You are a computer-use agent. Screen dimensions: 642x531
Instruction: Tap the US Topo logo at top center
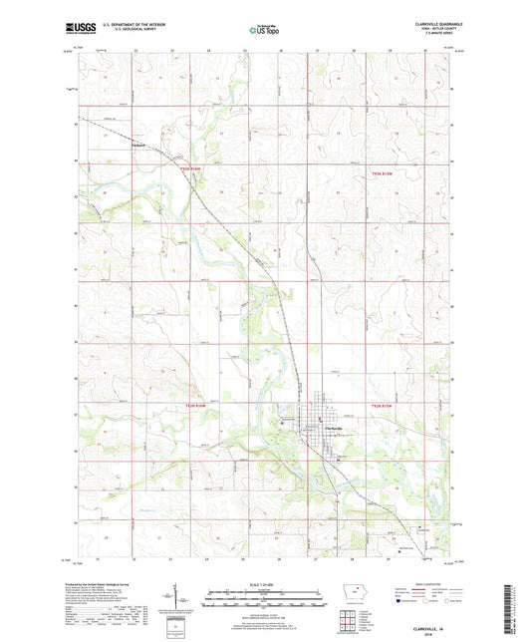261,31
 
